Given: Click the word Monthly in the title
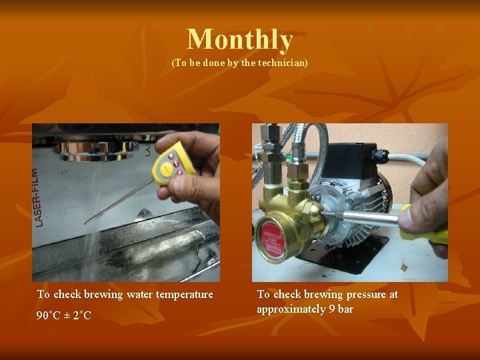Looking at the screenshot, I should (x=240, y=39).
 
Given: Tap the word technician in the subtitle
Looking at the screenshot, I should (x=282, y=63).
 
